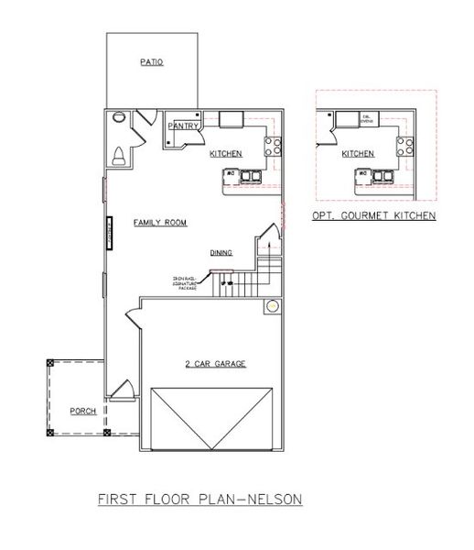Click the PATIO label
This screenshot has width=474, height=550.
coord(151,62)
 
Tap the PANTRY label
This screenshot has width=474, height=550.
coord(183,127)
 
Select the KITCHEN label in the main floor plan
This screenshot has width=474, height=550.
coord(224,153)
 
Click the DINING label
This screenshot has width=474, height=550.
coord(221,252)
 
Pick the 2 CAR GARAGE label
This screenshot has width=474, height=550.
coord(203,363)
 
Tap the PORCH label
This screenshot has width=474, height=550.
coord(83,411)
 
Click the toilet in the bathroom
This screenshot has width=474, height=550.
coord(118,156)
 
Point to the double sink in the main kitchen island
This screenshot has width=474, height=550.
coord(251,174)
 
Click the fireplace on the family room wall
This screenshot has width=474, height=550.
coord(109,232)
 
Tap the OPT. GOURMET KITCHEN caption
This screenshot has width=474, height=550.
coord(372,215)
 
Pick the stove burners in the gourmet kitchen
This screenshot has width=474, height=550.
coord(404,145)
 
